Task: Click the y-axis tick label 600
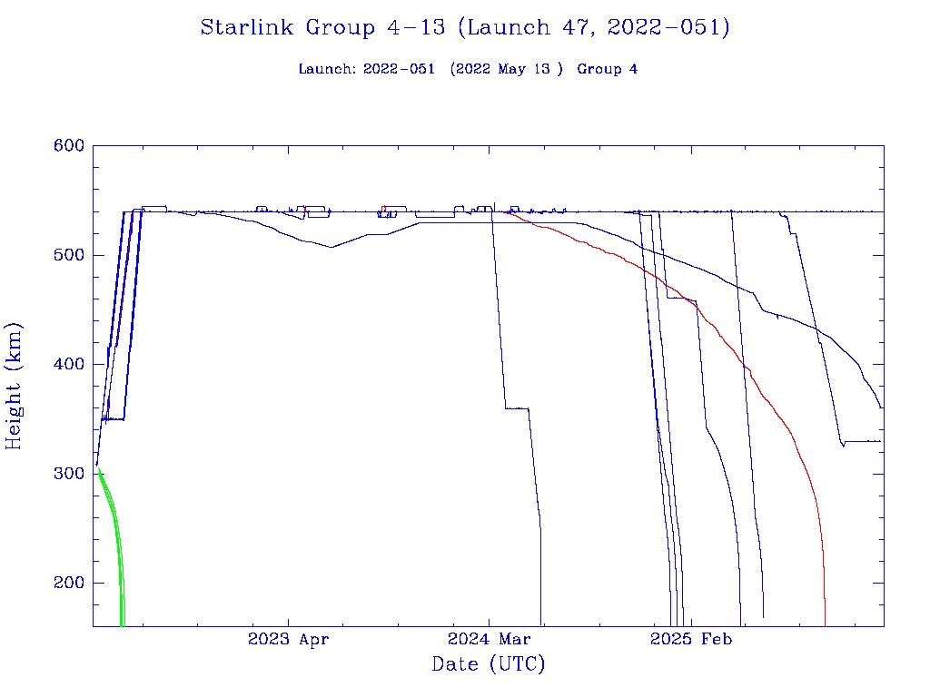(68, 146)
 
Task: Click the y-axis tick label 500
(68, 255)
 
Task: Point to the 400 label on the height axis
(68, 365)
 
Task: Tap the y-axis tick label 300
(68, 474)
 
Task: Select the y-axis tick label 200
(68, 584)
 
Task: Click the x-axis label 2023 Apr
(289, 640)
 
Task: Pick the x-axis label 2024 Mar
(489, 640)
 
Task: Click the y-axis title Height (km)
(15, 386)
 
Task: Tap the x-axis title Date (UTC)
(489, 665)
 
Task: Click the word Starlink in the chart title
(248, 28)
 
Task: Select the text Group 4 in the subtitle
(608, 69)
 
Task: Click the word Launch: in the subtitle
(327, 69)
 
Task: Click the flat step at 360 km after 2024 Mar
(517, 408)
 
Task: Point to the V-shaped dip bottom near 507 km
(331, 246)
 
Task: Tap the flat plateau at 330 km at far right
(863, 441)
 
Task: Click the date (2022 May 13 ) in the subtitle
(500, 69)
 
